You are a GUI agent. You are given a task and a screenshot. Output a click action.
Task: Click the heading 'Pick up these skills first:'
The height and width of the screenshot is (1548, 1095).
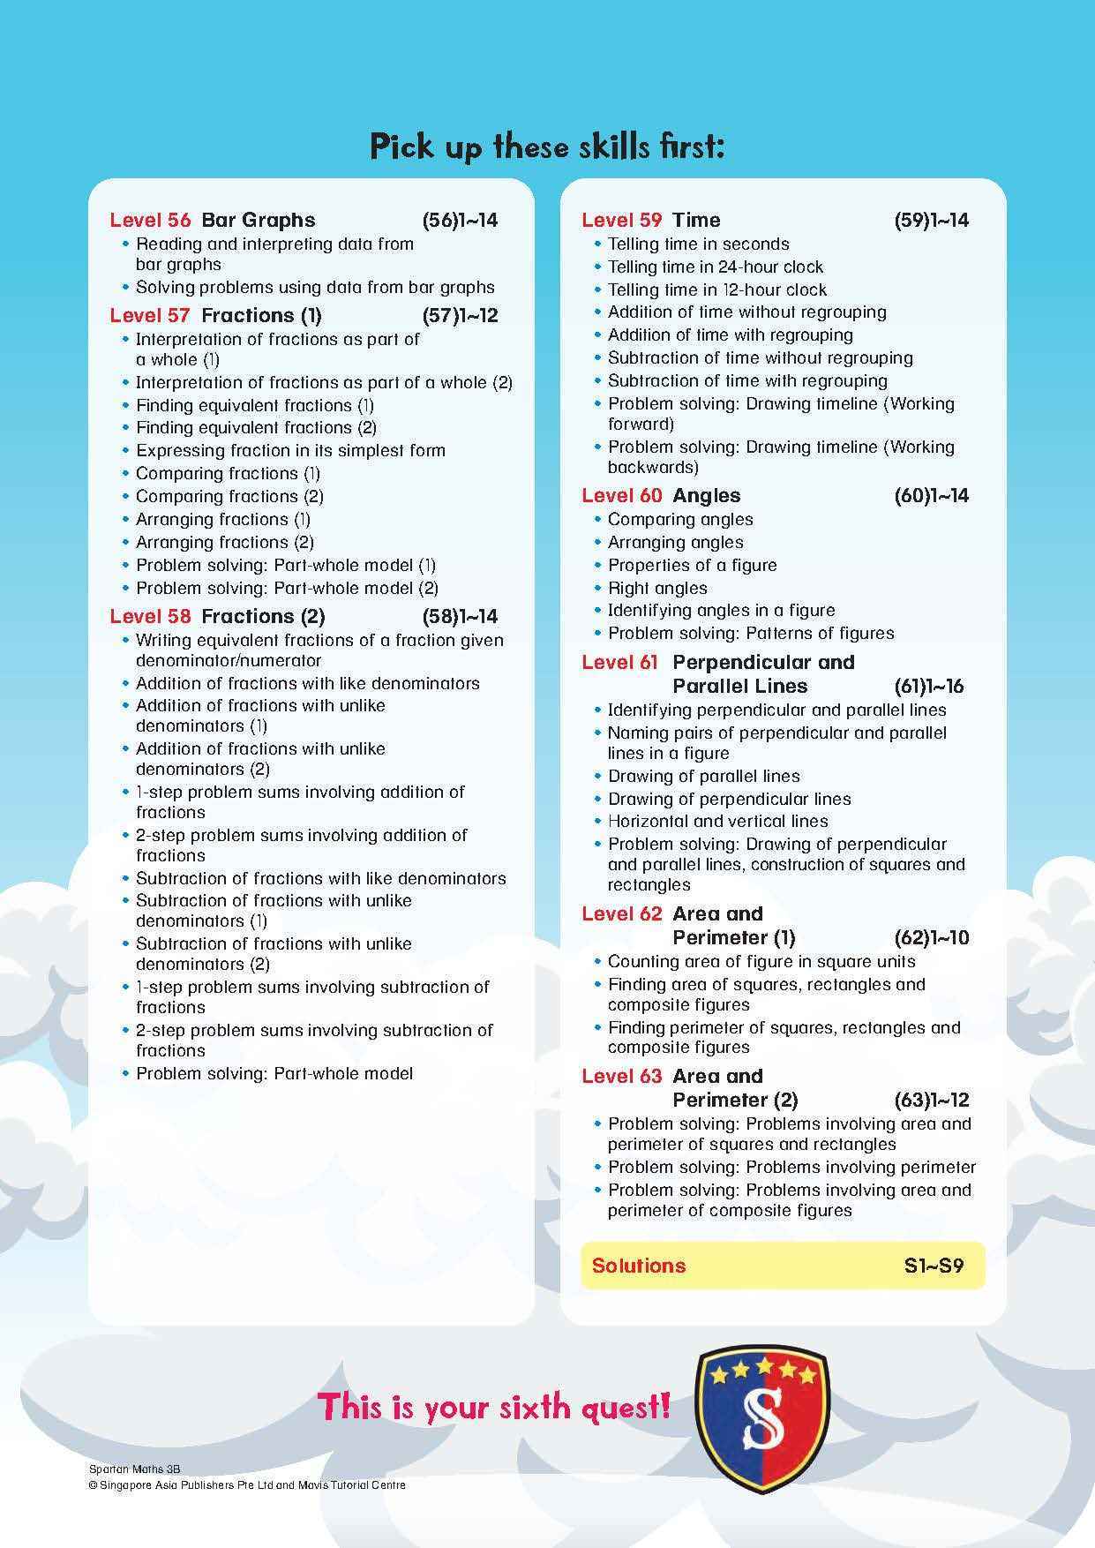click(x=547, y=147)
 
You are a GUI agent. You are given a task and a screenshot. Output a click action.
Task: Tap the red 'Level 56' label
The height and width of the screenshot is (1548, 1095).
click(x=150, y=220)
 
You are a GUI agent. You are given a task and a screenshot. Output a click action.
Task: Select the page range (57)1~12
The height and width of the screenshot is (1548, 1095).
click(x=460, y=315)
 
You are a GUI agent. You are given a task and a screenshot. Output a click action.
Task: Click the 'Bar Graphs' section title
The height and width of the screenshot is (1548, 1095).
click(x=258, y=220)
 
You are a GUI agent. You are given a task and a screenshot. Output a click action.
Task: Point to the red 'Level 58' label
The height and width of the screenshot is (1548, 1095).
click(x=150, y=616)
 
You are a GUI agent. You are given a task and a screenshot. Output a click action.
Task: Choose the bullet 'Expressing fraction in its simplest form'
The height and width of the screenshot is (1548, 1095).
click(x=290, y=450)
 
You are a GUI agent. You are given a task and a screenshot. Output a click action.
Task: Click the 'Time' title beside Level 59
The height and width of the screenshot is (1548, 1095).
click(x=696, y=220)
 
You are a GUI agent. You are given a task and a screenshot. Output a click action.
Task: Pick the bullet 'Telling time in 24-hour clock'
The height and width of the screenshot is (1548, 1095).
click(x=715, y=267)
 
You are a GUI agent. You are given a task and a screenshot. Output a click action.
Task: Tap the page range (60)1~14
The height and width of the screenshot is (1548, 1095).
click(x=931, y=495)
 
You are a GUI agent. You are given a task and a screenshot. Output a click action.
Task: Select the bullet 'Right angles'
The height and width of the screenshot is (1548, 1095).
click(x=657, y=588)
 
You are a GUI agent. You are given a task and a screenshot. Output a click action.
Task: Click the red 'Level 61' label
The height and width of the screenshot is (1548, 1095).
click(x=620, y=662)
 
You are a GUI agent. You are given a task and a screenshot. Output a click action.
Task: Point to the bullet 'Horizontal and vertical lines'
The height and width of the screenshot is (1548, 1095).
click(x=717, y=821)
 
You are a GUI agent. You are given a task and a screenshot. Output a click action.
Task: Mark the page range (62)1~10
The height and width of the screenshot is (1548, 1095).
click(x=931, y=937)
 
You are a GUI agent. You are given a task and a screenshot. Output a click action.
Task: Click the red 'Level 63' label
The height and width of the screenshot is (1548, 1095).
click(x=621, y=1076)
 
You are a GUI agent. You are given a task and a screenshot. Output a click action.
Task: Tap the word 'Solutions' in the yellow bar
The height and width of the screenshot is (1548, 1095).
click(x=639, y=1266)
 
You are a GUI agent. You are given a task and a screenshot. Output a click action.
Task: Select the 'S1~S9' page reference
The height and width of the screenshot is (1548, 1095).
click(x=934, y=1266)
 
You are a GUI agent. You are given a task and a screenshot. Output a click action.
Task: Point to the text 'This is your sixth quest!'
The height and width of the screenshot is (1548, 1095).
click(x=494, y=1407)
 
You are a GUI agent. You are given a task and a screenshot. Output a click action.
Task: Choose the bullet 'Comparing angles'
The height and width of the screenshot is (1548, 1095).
click(x=680, y=519)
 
